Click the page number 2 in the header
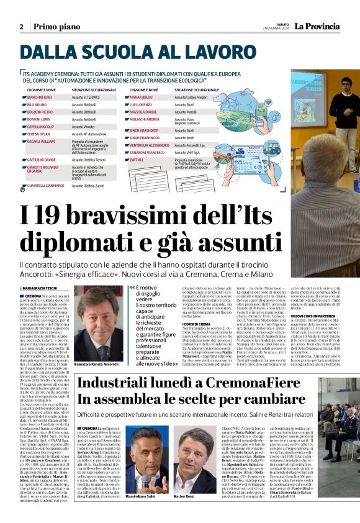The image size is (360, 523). (x=21, y=27)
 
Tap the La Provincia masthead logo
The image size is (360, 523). (x=321, y=26)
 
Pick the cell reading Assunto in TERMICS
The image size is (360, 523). (x=86, y=98)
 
